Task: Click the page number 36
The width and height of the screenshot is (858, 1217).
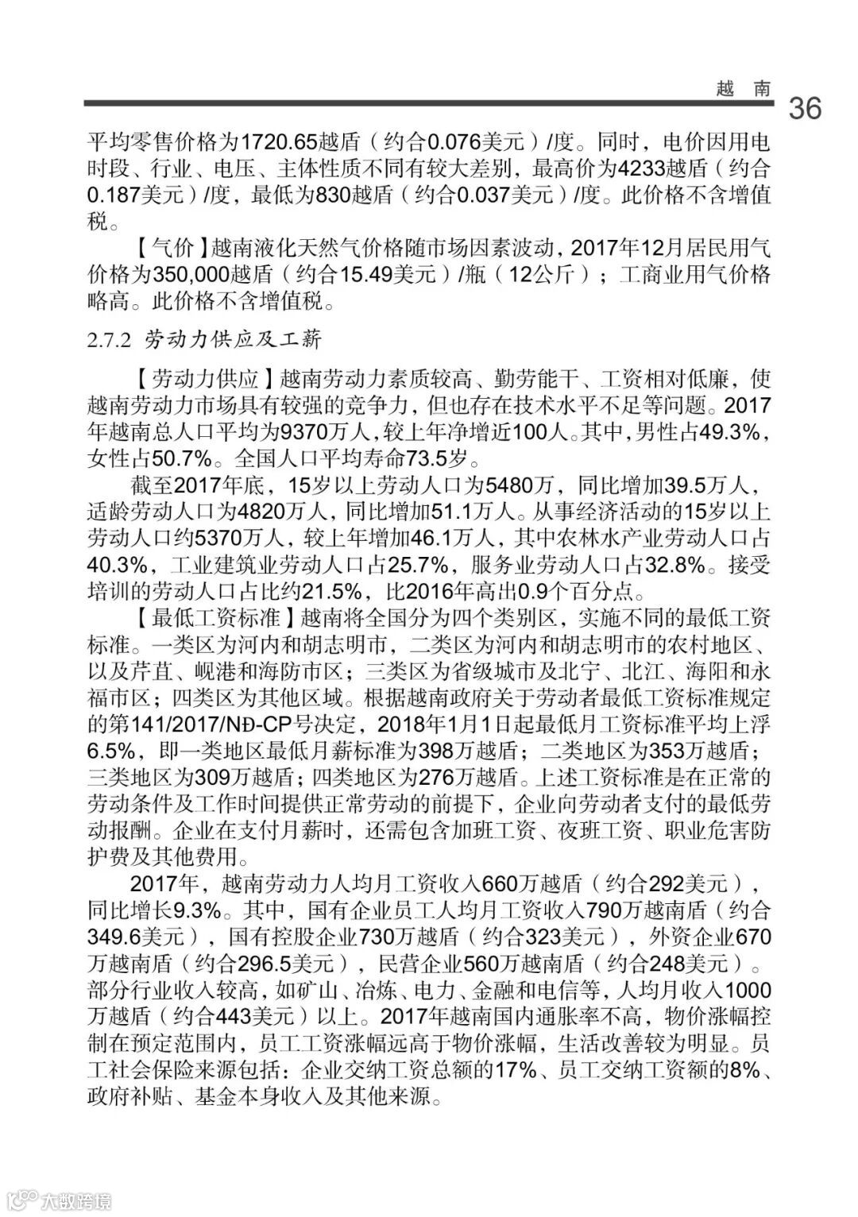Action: [x=804, y=108]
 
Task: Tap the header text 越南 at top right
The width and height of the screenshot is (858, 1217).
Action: [x=742, y=88]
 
